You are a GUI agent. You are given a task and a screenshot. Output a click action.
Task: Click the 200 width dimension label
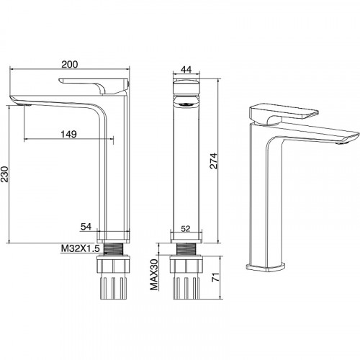70,64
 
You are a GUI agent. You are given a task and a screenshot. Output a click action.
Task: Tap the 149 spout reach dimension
68,134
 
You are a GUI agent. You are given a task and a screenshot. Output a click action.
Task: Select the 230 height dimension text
5,174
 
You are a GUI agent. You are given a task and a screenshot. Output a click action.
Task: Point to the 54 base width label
86,227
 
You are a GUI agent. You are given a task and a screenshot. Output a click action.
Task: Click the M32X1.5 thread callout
80,248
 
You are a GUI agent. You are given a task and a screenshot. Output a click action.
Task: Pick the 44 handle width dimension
186,69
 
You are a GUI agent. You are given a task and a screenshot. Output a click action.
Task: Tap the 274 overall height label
213,161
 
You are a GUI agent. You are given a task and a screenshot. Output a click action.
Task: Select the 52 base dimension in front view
186,229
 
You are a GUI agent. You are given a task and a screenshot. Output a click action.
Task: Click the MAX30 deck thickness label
154,274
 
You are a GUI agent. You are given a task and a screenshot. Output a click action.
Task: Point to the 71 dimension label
216,277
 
